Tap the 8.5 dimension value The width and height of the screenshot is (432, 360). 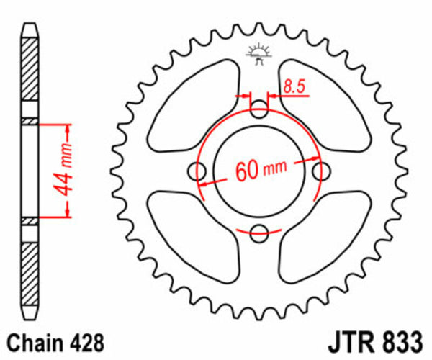(294, 87)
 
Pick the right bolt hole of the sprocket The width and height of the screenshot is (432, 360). (321, 171)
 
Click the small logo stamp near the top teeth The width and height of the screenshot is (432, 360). (257, 53)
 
